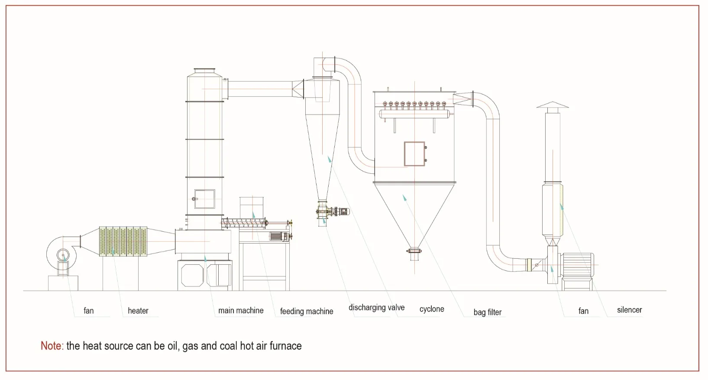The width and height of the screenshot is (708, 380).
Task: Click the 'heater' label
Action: pyautogui.click(x=138, y=311)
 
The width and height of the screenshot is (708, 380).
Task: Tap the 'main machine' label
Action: pyautogui.click(x=241, y=310)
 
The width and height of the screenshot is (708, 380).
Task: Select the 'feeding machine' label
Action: pyautogui.click(x=307, y=311)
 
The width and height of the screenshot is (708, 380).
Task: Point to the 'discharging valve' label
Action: pyautogui.click(x=376, y=308)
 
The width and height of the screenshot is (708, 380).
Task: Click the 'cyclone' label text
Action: pyautogui.click(x=432, y=309)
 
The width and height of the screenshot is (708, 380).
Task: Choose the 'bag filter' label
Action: pyautogui.click(x=488, y=312)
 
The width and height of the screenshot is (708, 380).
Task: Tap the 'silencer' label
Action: pyautogui.click(x=629, y=310)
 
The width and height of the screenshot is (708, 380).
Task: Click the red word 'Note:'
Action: pyautogui.click(x=52, y=346)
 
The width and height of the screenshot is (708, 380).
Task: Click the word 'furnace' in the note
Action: pyautogui.click(x=285, y=346)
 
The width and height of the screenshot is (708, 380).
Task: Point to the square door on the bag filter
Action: pyautogui.click(x=414, y=153)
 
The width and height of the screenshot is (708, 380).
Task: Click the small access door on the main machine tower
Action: pyautogui.click(x=204, y=199)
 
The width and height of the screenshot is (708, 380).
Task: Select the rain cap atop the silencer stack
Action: pyautogui.click(x=553, y=105)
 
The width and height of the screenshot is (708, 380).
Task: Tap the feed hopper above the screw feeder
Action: pyautogui.click(x=252, y=208)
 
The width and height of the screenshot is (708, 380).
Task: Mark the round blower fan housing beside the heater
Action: pyautogui.click(x=63, y=254)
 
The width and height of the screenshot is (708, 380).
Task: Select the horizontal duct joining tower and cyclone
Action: pyautogui.click(x=260, y=89)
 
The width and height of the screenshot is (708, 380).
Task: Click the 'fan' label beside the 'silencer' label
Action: pyautogui.click(x=583, y=311)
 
